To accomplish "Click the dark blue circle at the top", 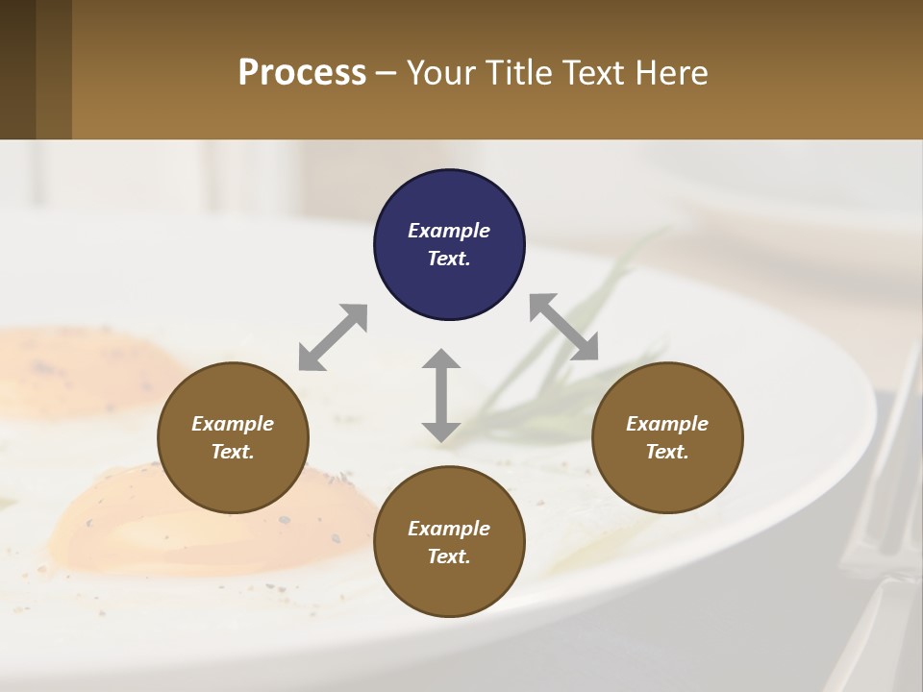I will click(x=449, y=244).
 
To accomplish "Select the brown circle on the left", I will click(x=233, y=437).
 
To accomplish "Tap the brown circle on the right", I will click(x=667, y=437).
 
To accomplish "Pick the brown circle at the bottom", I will click(x=449, y=541).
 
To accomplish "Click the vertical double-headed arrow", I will click(x=441, y=395).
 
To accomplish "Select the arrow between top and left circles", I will click(x=333, y=337).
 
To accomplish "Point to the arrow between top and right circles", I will click(x=563, y=327).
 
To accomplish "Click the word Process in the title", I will click(x=302, y=72).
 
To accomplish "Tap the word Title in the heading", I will click(x=518, y=72).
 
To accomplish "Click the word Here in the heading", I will click(x=672, y=72).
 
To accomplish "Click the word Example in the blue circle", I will click(x=449, y=231).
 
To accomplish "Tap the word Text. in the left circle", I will click(x=233, y=452).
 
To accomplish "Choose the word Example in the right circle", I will click(x=667, y=424).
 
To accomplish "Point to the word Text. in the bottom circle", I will click(x=449, y=556).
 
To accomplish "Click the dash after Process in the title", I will click(x=387, y=74).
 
